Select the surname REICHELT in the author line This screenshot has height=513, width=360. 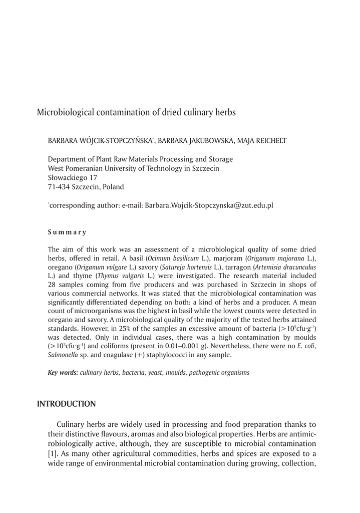tap(269, 141)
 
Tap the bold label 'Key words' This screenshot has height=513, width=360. tap(63, 373)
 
